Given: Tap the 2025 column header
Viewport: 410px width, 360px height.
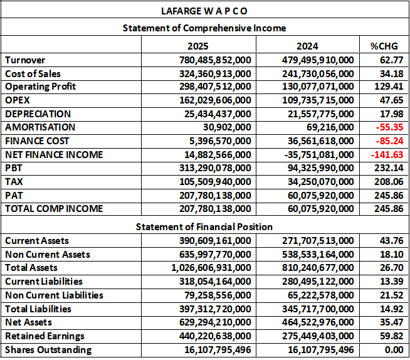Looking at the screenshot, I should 198,46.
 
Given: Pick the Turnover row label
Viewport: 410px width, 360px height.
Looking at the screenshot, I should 24,60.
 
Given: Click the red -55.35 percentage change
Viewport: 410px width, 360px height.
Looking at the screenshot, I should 389,127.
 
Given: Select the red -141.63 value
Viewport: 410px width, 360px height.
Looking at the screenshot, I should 386,155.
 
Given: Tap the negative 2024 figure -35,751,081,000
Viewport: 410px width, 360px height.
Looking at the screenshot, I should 315,155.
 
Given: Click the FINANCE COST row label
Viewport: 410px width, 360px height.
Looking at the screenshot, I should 37,141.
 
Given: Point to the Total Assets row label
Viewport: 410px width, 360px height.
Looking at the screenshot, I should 32,268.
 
